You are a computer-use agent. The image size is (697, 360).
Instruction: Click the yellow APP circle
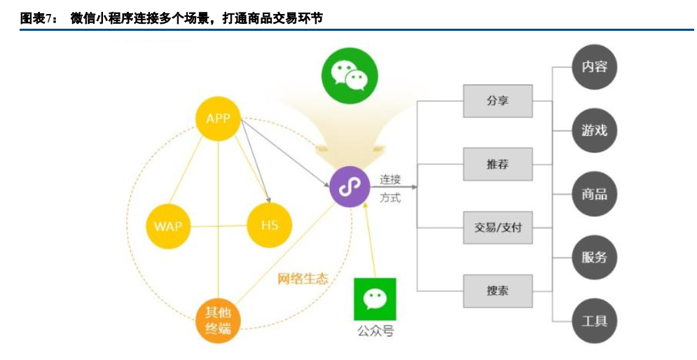(218, 118)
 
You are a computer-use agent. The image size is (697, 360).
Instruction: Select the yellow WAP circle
(168, 226)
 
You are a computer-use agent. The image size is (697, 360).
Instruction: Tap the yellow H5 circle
(270, 226)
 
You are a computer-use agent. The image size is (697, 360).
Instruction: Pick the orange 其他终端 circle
(218, 321)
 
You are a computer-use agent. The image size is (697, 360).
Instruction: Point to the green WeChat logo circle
(349, 76)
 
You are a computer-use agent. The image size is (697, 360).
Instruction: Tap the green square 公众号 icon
(375, 299)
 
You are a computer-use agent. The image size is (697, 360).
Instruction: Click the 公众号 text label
(375, 331)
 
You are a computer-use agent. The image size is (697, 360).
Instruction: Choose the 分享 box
(498, 101)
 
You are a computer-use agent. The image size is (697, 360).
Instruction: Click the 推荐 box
(498, 165)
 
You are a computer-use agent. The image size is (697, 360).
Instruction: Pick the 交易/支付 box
(498, 228)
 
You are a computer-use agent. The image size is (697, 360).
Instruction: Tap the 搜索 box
(498, 291)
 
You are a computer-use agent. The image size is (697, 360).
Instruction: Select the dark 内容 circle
(594, 67)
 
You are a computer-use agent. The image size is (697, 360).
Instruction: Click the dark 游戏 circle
(594, 130)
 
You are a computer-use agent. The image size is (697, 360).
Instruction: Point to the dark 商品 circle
(594, 194)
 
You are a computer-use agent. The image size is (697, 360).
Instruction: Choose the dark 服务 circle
(594, 257)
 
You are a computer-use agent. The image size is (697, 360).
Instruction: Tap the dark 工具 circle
(594, 321)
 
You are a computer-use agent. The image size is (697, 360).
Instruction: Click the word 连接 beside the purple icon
(390, 180)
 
